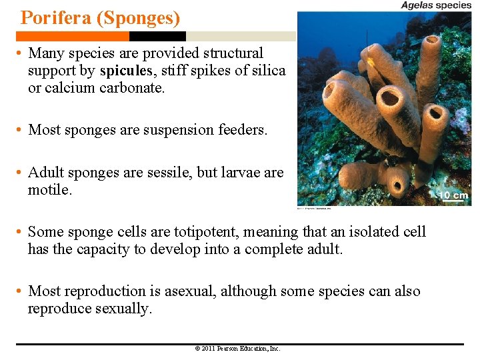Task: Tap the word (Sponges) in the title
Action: coord(138,17)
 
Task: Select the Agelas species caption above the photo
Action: coord(436,5)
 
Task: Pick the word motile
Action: coord(49,190)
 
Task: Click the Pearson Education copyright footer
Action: coord(238,349)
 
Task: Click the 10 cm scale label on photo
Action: coord(454,195)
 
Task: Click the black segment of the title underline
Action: coord(157,36)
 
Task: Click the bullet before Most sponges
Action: coord(21,130)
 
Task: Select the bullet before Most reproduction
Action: coord(21,291)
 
